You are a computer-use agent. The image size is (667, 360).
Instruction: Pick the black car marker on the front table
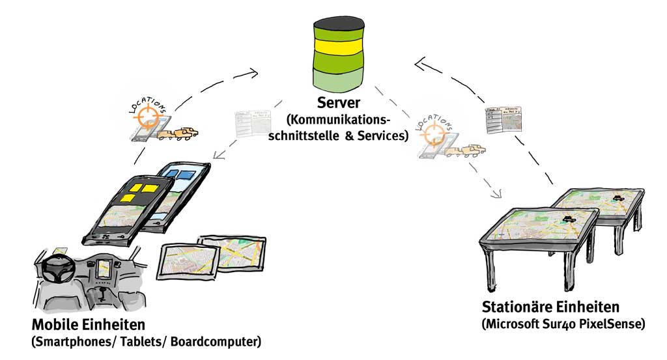pos(569,219)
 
